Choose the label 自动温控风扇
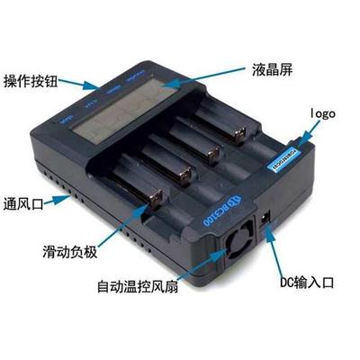[x=144, y=289]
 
